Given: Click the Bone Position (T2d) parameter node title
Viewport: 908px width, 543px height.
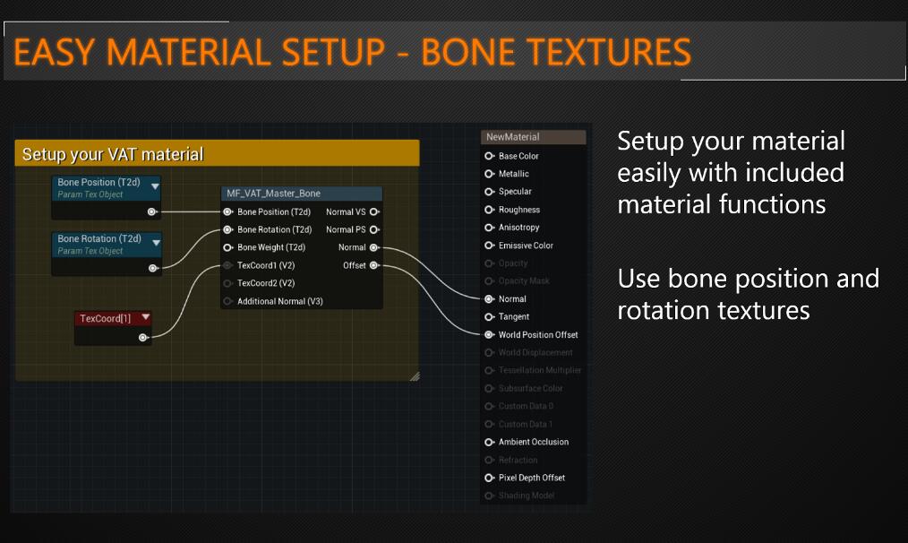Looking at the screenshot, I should [x=99, y=183].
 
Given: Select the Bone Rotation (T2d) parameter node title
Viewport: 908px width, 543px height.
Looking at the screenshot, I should [x=99, y=239].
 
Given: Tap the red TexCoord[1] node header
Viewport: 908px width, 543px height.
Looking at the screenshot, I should [x=105, y=318].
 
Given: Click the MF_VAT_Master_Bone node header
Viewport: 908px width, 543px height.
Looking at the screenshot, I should [x=273, y=194].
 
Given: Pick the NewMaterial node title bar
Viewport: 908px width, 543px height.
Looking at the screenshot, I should [x=513, y=137].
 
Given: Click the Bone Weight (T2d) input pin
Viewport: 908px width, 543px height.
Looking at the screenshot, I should [x=228, y=247].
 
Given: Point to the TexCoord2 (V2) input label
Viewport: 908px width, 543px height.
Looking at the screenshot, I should [x=266, y=283].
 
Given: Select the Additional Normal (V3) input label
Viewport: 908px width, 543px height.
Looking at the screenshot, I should [x=279, y=301].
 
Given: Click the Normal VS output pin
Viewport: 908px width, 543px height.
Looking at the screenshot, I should [x=374, y=212].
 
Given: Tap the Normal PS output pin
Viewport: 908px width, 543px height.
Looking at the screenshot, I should [x=374, y=230].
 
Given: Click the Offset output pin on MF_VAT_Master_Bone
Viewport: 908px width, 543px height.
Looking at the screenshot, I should [x=374, y=265].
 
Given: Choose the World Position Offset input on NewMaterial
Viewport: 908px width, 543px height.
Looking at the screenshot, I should [x=490, y=335].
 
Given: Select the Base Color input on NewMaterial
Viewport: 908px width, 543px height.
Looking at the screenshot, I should [x=490, y=156].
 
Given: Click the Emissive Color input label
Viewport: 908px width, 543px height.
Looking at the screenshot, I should [x=526, y=246].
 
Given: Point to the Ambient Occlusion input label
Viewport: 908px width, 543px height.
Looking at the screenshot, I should [x=533, y=442].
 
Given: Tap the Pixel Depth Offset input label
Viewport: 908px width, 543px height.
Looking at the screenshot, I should [x=531, y=478].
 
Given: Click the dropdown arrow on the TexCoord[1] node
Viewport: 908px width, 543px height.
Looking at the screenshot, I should [x=145, y=318].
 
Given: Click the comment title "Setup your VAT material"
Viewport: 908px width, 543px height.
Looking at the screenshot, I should [x=113, y=154].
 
